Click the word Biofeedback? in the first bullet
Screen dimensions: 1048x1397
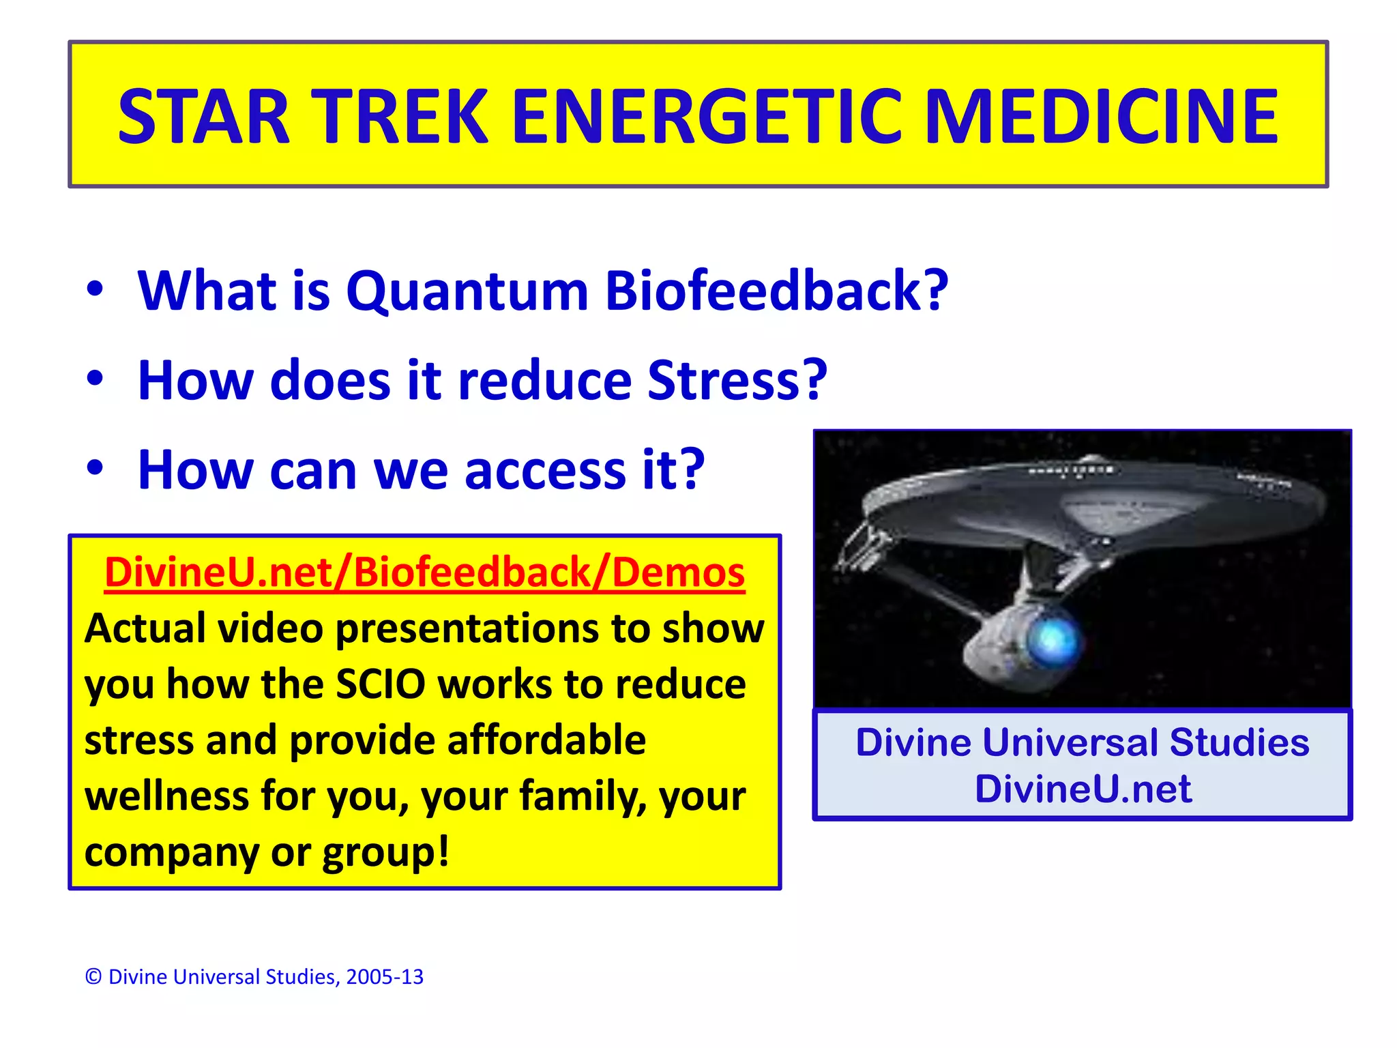(x=776, y=291)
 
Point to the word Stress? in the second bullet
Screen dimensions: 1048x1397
(x=737, y=381)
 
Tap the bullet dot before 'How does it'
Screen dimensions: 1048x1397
(x=95, y=379)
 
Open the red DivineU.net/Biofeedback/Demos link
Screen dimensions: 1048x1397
(x=424, y=572)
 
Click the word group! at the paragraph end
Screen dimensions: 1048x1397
(x=385, y=852)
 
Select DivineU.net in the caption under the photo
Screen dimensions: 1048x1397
(x=1083, y=789)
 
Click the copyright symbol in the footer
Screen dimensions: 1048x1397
(x=93, y=977)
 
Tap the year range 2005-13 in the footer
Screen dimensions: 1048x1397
(x=385, y=977)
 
